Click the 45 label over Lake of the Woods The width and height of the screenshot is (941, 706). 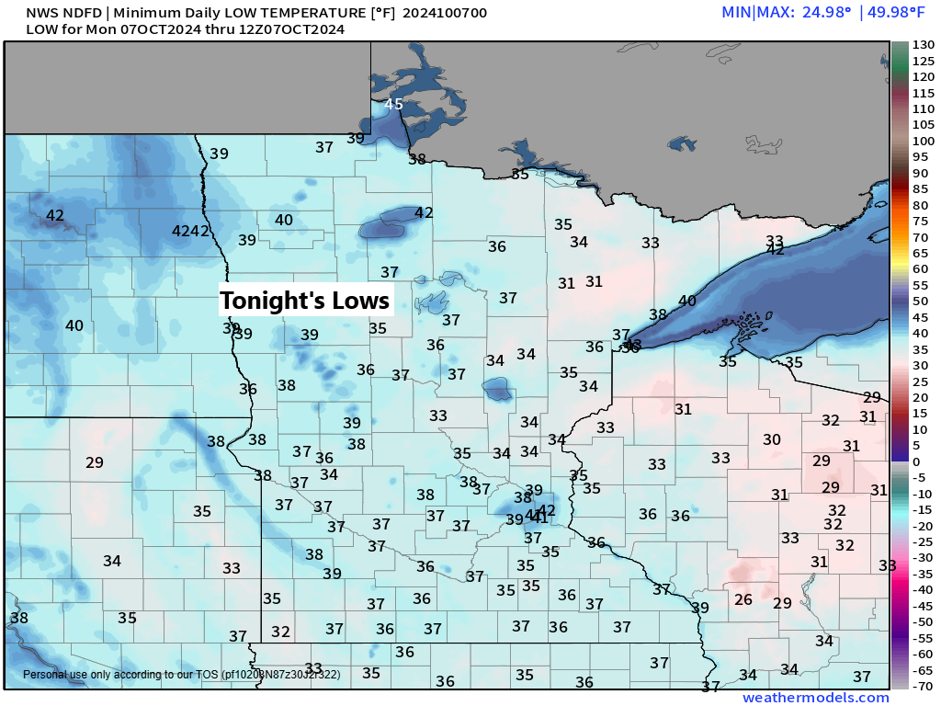pos(393,104)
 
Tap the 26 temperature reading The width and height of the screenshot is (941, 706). pos(744,600)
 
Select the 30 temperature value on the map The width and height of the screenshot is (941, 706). pos(771,440)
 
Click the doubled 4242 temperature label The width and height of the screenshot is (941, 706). pos(191,231)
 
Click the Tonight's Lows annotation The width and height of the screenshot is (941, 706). pos(305,301)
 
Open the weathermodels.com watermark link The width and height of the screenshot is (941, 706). pos(815,698)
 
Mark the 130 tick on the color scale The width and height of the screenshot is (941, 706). pos(922,45)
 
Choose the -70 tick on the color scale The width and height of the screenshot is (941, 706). pos(922,686)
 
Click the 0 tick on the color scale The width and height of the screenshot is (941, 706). pos(915,461)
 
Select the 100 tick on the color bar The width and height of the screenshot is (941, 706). pos(922,142)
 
